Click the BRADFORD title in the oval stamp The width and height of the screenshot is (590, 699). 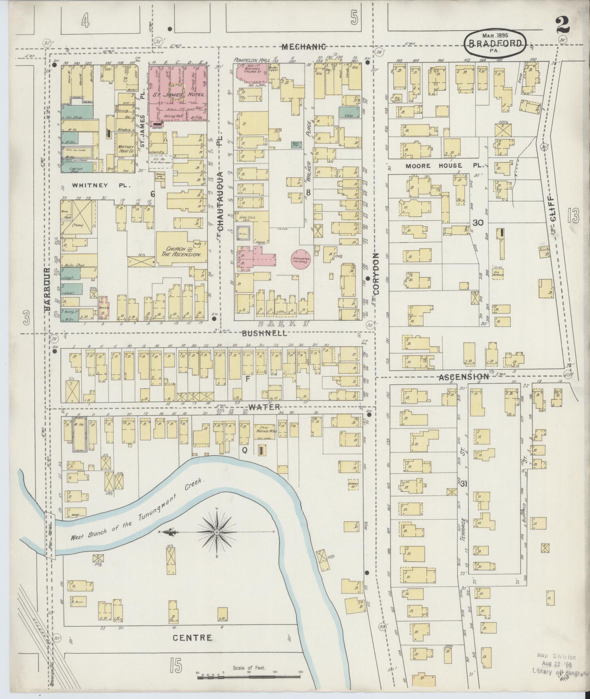496,43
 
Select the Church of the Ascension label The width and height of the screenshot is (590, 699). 179,252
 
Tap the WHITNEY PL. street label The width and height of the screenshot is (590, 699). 101,185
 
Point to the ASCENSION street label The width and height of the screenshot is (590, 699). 463,377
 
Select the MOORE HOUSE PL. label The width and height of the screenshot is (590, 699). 445,166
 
